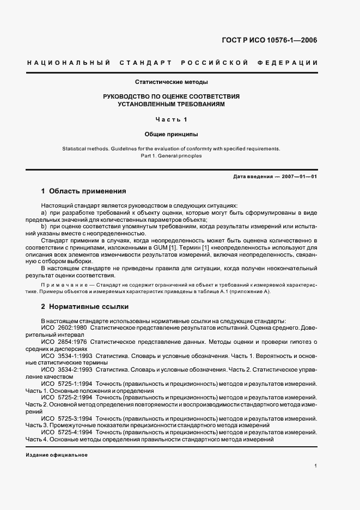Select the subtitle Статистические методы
(x=172, y=82)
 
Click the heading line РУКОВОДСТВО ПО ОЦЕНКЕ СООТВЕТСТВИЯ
(x=172, y=96)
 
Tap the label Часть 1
(x=172, y=119)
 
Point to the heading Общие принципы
(x=172, y=133)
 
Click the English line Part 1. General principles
(x=172, y=156)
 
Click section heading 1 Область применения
(x=84, y=191)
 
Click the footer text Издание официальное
(x=57, y=454)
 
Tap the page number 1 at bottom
(x=316, y=465)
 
